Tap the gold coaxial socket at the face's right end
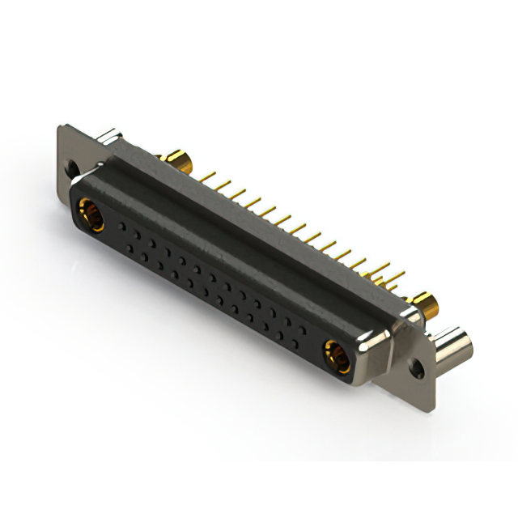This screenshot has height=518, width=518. (x=335, y=353)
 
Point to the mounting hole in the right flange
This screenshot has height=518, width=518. (x=417, y=368)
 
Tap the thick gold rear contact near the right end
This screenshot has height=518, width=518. (x=426, y=304)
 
